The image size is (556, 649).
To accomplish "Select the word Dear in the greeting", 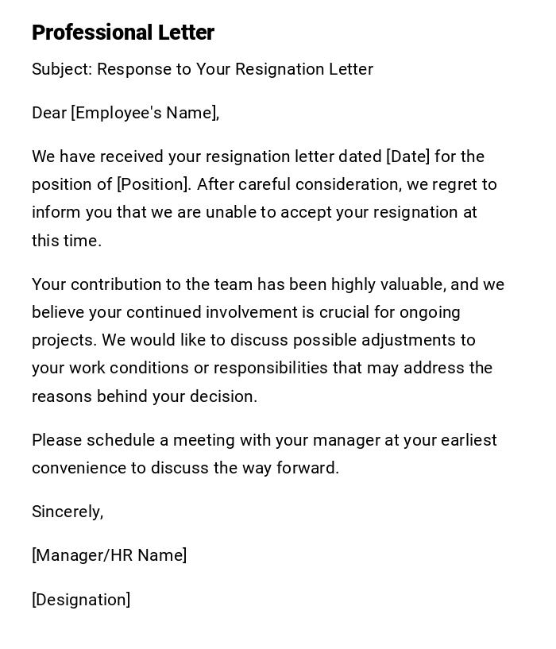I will coord(49,113).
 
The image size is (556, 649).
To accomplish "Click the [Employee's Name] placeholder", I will coord(145,113).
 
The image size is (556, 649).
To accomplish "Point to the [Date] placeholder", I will coord(407,156).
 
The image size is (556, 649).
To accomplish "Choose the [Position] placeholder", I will coord(154,184).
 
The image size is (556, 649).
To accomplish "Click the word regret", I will coord(458,184).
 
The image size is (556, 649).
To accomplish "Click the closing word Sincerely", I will coord(68,512).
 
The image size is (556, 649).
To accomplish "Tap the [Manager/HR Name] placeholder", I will coord(110,555).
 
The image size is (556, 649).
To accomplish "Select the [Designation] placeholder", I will coord(81,600).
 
